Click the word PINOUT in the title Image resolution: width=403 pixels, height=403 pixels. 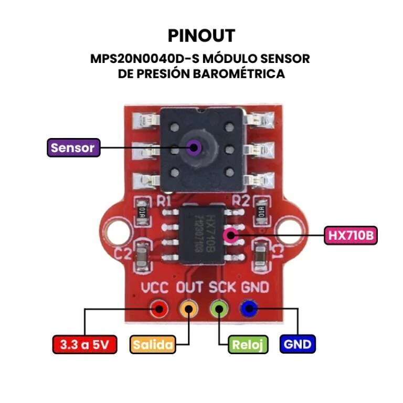201,36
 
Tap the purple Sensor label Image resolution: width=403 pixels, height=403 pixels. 73,147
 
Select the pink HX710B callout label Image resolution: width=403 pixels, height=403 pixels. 351,236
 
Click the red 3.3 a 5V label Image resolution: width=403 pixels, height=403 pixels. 84,345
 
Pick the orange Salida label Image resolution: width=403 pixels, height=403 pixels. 152,345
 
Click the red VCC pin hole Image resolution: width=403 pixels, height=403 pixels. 158,309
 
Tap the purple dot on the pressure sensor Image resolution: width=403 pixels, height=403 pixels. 195,147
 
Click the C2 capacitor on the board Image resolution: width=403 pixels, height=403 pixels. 142,256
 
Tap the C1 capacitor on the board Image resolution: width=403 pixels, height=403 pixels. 260,256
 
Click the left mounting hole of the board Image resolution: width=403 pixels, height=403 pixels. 115,227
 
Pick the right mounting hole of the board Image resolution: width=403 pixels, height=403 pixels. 288,227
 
